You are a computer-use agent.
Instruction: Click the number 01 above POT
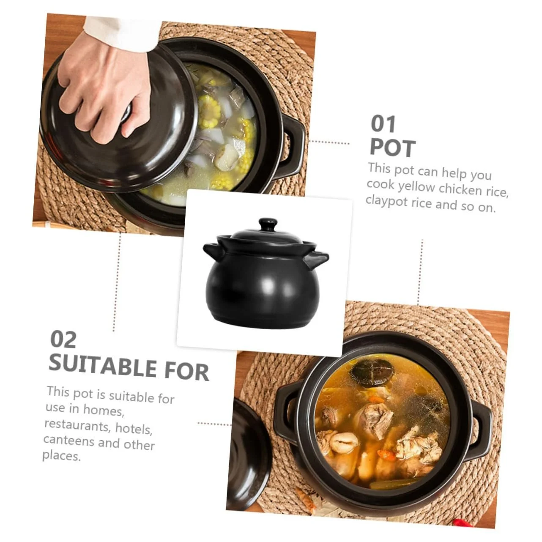point(383,124)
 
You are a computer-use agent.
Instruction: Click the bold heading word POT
point(393,148)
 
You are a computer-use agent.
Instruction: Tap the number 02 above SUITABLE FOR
point(63,339)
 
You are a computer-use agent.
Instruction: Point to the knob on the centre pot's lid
point(268,224)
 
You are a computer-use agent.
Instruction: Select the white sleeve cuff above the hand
point(122,33)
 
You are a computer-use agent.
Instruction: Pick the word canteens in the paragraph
point(68,441)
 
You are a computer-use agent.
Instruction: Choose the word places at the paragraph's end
point(61,456)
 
